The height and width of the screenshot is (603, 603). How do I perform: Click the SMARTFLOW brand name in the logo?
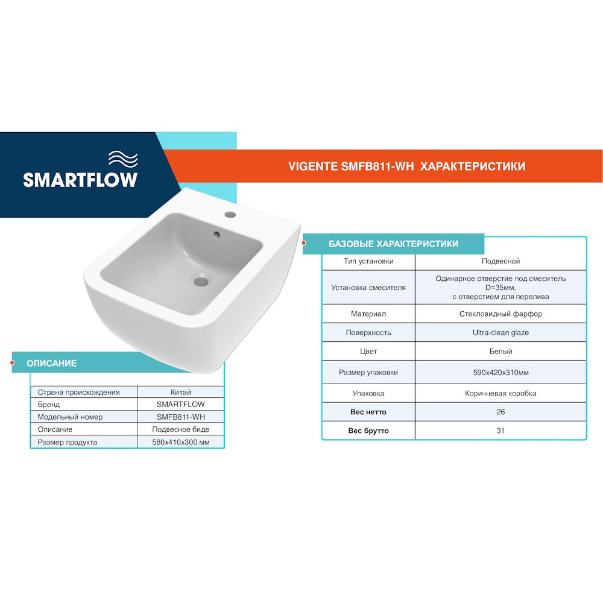[80, 180]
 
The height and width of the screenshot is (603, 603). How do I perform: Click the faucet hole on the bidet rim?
[230, 214]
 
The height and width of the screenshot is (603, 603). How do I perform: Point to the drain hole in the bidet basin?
[201, 280]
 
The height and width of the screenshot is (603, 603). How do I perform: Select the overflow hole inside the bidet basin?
[217, 234]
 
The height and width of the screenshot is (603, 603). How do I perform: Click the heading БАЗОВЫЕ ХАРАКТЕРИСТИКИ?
[393, 244]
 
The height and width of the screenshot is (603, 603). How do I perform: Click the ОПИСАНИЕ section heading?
[52, 363]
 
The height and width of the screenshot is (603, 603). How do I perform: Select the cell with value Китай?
[181, 392]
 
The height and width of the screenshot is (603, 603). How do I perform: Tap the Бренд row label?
[49, 405]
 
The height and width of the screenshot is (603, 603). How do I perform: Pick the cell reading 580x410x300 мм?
[181, 442]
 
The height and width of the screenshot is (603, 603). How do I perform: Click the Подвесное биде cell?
[181, 429]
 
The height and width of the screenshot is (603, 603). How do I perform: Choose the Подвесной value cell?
[500, 261]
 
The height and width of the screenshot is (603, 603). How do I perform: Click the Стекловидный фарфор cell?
[500, 314]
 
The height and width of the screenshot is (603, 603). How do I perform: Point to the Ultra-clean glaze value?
[500, 332]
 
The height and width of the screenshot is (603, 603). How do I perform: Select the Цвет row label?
[368, 351]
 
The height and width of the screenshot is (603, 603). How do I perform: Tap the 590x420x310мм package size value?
[500, 373]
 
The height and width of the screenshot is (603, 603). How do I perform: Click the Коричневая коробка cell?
[500, 393]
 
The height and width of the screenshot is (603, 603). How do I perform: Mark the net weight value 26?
[500, 412]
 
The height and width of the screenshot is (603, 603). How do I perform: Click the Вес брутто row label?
[368, 431]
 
